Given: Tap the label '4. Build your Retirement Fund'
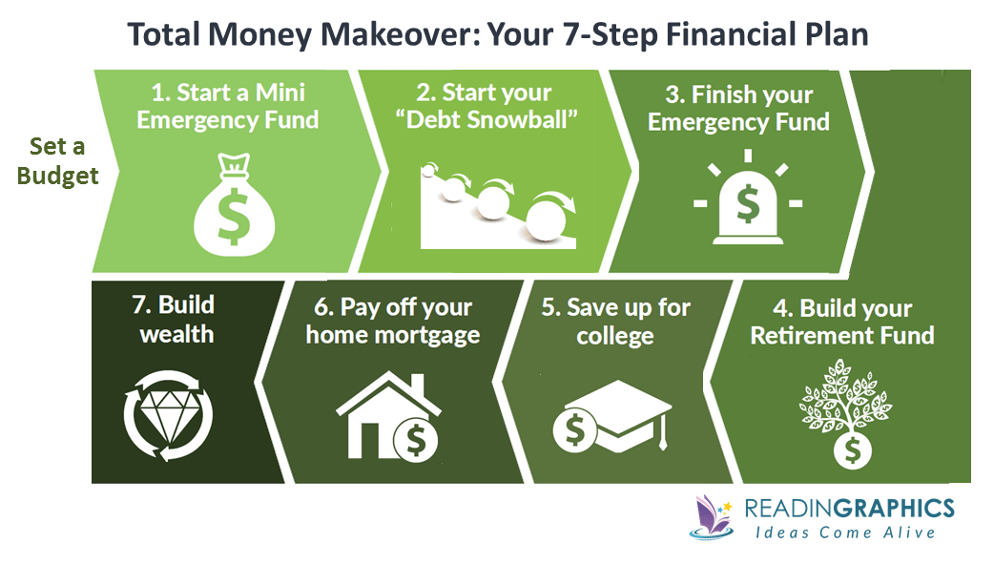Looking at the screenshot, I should coord(841,322).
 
